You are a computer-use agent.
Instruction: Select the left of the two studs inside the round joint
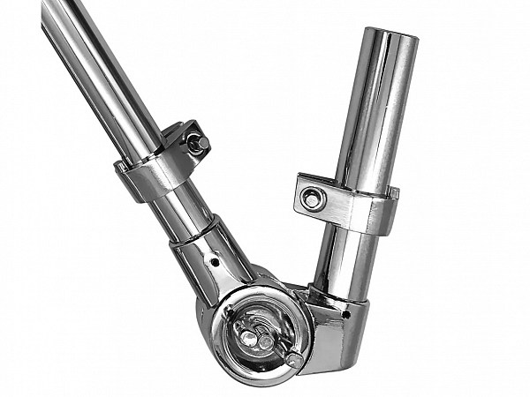[x=250, y=338]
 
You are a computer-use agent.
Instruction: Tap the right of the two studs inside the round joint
[x=266, y=341]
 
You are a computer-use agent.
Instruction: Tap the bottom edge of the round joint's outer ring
[x=256, y=381]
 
